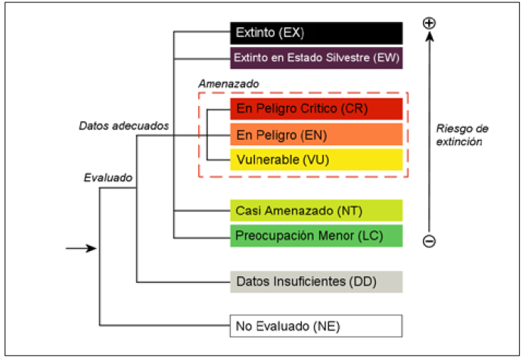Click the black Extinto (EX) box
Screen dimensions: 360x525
(x=316, y=33)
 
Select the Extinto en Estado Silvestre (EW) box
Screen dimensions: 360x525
(x=316, y=57)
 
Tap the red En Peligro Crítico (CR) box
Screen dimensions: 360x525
(x=316, y=109)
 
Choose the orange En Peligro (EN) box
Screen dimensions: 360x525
(x=316, y=134)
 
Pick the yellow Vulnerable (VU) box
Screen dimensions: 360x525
(x=316, y=159)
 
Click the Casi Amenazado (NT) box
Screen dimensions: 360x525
(x=316, y=210)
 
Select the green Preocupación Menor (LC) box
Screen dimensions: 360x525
(x=316, y=235)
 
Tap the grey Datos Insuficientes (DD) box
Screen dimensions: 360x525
(x=316, y=281)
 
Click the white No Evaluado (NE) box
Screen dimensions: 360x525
(x=316, y=326)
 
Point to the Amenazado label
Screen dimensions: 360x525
(x=228, y=82)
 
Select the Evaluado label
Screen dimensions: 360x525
(x=107, y=178)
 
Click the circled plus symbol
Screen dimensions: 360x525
(x=429, y=23)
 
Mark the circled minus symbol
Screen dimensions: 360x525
(x=429, y=242)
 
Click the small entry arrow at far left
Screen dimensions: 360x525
(x=80, y=247)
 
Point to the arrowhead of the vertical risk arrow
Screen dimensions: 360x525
(x=429, y=36)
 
